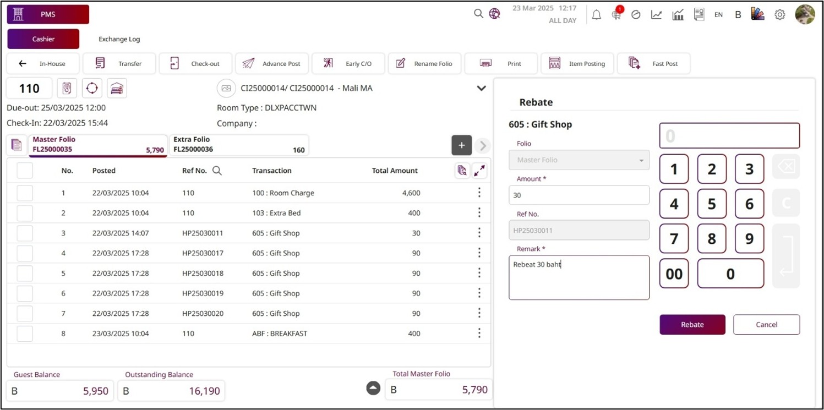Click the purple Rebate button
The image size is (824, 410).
coord(692,325)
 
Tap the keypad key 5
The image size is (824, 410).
coord(711,204)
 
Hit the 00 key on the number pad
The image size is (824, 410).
coord(674,274)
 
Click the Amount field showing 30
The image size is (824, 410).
coord(579,195)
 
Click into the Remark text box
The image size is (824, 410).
coord(579,277)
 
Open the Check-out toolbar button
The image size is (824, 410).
coord(195,64)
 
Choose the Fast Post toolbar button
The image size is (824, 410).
coord(653,64)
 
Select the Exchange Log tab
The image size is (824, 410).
coord(119,39)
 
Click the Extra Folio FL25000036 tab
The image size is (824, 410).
coord(239,145)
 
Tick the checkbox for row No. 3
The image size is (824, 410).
coord(25,233)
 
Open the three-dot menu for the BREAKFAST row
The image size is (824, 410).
coord(479,334)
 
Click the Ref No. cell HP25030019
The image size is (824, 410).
coord(203,293)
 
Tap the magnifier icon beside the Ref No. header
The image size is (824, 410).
coord(217,171)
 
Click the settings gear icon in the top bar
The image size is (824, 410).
coord(779,15)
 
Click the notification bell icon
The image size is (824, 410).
coord(596,15)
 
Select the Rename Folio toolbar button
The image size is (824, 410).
coord(425,64)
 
